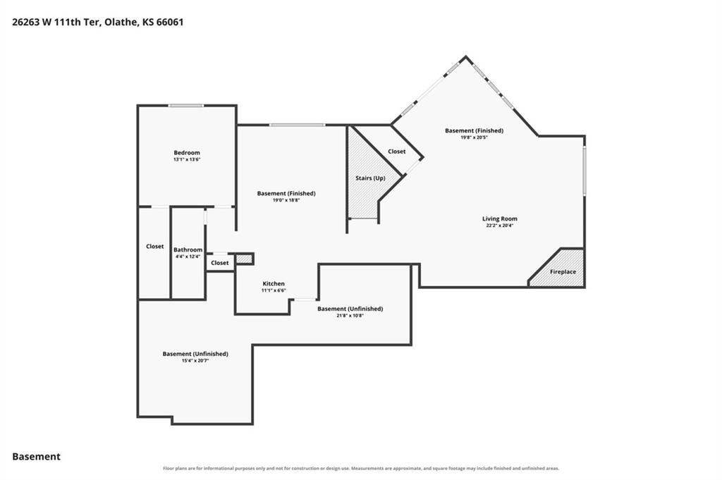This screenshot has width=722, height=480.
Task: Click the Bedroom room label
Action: coord(186,153)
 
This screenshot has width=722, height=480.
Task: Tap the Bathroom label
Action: coord(188,250)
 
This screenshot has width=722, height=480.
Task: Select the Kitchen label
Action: coord(274,284)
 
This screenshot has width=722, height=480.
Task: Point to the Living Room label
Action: coord(500,219)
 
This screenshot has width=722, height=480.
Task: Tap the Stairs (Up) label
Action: coord(370,178)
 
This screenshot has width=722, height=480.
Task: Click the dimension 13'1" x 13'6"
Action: coord(187,160)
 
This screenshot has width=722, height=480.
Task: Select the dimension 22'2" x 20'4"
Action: coord(500,226)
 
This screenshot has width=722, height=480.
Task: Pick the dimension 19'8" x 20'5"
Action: coord(474,137)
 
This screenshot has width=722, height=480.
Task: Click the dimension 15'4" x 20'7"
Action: coord(195,361)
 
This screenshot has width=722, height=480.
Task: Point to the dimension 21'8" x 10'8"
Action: coord(350,316)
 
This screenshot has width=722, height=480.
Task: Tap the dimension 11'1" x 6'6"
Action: coord(274,291)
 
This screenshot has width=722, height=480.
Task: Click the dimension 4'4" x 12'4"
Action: coord(188,257)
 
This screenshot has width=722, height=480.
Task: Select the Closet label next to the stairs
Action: coord(396,152)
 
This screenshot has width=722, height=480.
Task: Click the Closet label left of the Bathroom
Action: coord(154,247)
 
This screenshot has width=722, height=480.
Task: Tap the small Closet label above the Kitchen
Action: coord(220,263)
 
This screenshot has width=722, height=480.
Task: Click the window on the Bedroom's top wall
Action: coord(186,106)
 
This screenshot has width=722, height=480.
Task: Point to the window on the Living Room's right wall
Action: coord(585,171)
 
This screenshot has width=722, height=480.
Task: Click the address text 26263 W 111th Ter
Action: coord(55,22)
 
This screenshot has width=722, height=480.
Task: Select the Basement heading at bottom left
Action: coord(37,457)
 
